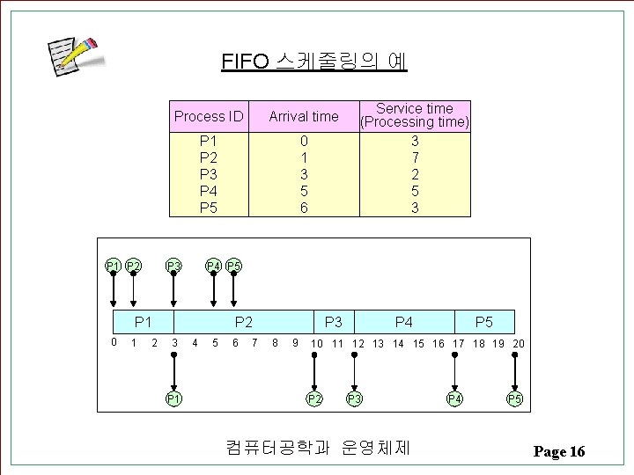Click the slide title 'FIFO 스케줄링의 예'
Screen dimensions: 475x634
[x=314, y=62]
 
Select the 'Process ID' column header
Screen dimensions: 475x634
[x=209, y=116]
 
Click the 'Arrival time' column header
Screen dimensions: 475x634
[x=303, y=116]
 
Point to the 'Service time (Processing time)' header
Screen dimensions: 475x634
[x=415, y=115]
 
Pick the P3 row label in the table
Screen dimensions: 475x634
[x=209, y=174]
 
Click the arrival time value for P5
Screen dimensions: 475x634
[x=303, y=208]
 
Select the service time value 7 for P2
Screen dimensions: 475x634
[x=415, y=157]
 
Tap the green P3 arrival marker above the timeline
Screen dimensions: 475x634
[x=173, y=267]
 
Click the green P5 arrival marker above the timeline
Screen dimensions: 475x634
[x=233, y=267]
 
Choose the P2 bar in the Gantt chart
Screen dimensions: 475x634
[x=244, y=322]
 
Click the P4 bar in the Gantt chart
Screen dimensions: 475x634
[x=404, y=322]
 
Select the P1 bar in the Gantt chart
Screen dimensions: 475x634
[x=144, y=322]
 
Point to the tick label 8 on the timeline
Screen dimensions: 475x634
[x=275, y=343]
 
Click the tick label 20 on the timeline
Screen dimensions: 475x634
[x=518, y=343]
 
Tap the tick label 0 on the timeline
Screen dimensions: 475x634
[x=114, y=342]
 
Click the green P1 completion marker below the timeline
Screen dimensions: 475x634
[x=173, y=399]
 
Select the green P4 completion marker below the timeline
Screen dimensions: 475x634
[x=454, y=399]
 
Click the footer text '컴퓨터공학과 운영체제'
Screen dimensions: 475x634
[x=317, y=448]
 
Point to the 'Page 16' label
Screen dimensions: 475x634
[x=558, y=451]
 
